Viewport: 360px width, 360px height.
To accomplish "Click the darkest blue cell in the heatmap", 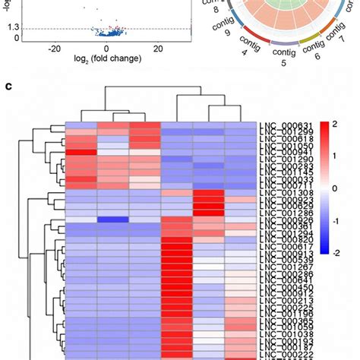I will pos(113,220).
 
